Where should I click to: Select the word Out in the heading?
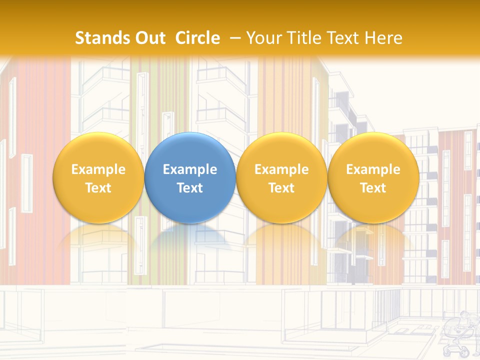tap(149, 38)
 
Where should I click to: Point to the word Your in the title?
tap(262, 38)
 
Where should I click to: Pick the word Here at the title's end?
tap(383, 38)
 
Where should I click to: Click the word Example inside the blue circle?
tap(190, 169)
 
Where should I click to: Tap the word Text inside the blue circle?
tap(190, 188)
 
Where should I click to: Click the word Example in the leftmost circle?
tap(98, 169)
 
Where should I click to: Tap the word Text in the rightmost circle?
tap(373, 188)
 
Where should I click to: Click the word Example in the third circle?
tap(281, 169)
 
